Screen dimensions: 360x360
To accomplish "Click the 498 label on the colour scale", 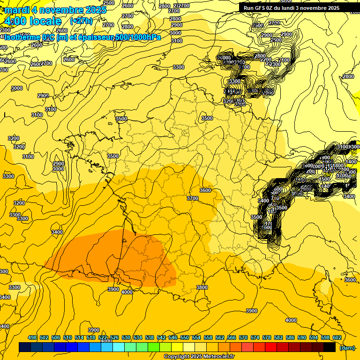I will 32,337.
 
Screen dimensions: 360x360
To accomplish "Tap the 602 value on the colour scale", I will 337,337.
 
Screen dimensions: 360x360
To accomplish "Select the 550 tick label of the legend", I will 185,337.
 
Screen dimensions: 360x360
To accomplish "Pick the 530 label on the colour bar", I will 126,337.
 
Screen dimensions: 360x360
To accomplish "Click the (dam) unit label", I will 347,347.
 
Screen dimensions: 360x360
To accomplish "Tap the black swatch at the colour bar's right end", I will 330,347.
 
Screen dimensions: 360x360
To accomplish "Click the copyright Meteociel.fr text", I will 199,357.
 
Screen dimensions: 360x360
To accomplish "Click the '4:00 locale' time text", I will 33,21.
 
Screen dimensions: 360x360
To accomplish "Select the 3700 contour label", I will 193,198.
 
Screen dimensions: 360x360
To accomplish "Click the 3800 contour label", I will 202,287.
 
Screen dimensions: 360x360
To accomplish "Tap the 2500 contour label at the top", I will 108,3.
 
